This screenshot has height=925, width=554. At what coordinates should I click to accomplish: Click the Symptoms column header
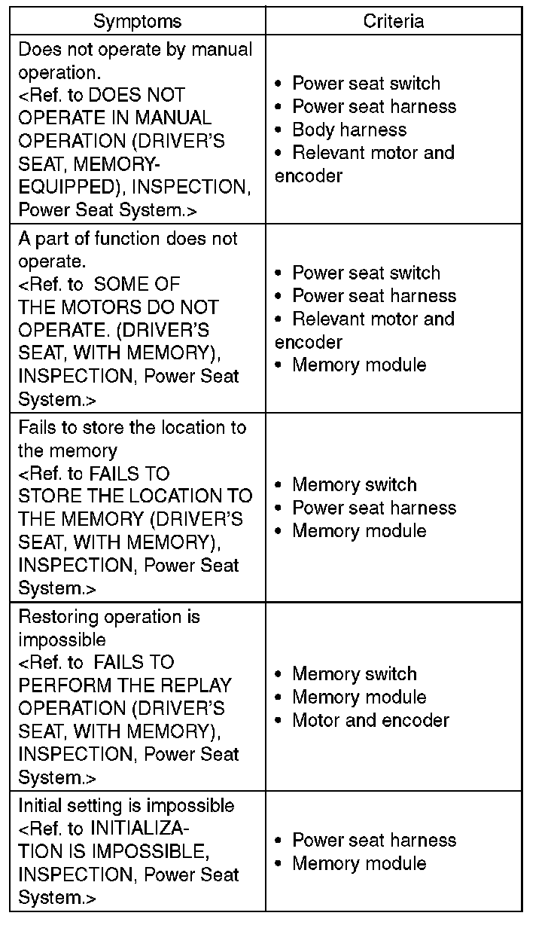[x=137, y=21]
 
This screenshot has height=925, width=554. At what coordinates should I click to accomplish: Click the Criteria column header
[x=393, y=21]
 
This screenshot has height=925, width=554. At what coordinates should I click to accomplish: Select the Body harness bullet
[x=349, y=130]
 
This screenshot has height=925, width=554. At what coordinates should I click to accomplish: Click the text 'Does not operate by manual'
[x=135, y=50]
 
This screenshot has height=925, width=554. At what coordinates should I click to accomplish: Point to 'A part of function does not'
[x=127, y=239]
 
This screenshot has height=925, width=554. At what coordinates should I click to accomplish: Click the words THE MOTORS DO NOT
[x=118, y=307]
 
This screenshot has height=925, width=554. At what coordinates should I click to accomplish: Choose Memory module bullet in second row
[x=359, y=365]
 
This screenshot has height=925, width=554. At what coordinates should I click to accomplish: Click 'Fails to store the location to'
[x=132, y=428]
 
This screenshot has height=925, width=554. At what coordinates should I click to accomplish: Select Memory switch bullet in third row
[x=354, y=484]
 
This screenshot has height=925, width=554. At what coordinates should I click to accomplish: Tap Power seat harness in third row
[x=374, y=508]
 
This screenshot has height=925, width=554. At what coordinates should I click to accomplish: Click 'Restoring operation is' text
[x=109, y=617]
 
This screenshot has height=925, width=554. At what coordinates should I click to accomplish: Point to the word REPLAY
[x=195, y=685]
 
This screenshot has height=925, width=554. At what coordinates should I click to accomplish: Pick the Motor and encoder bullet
[x=370, y=720]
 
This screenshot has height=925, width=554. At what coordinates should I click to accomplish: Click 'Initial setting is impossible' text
[x=126, y=806]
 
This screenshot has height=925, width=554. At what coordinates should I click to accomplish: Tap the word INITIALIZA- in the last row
[x=139, y=829]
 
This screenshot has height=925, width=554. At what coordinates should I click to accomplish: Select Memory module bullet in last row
[x=359, y=863]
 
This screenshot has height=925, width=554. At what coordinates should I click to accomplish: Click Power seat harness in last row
[x=374, y=840]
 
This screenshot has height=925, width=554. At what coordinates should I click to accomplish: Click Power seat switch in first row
[x=366, y=84]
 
